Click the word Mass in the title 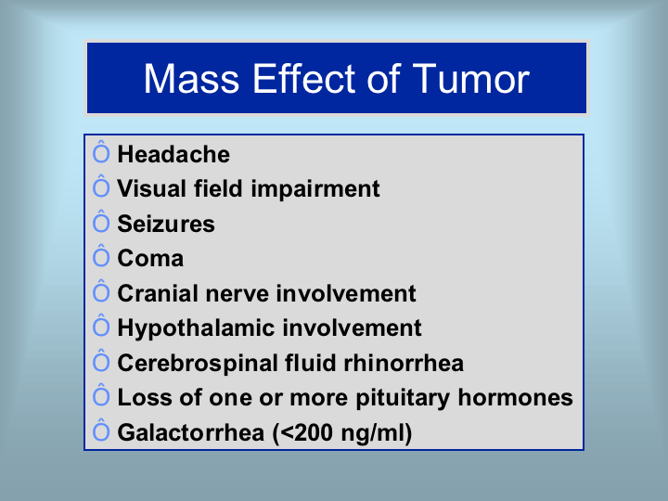[191, 79]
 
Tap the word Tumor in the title [470, 79]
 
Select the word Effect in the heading [304, 79]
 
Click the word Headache [173, 154]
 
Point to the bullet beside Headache [101, 151]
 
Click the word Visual [151, 188]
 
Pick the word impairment [315, 189]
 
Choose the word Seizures [166, 225]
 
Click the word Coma [150, 259]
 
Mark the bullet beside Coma [101, 256]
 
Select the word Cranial [157, 293]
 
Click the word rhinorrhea [404, 364]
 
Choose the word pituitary [403, 398]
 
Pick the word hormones [515, 398]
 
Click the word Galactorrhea [191, 433]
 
